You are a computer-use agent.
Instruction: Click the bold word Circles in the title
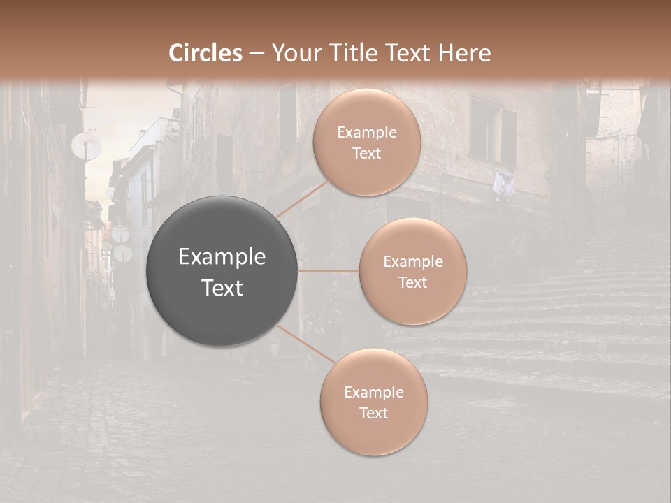tap(205, 53)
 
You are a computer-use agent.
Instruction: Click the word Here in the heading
tap(464, 53)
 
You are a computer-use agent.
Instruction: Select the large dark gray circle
tap(222, 271)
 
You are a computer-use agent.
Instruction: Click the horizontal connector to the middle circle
tap(328, 271)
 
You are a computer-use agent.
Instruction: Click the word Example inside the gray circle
tap(222, 257)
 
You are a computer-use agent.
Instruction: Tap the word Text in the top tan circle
tap(366, 153)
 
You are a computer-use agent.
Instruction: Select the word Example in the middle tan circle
tap(413, 262)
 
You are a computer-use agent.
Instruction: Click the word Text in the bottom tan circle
tap(373, 413)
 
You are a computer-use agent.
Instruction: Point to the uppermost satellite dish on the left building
tap(86, 145)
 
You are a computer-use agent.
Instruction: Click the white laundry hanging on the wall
tap(503, 183)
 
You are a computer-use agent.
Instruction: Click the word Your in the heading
tap(295, 53)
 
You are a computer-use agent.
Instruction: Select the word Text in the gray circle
tap(222, 288)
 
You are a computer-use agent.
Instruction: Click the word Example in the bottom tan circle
tap(373, 393)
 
